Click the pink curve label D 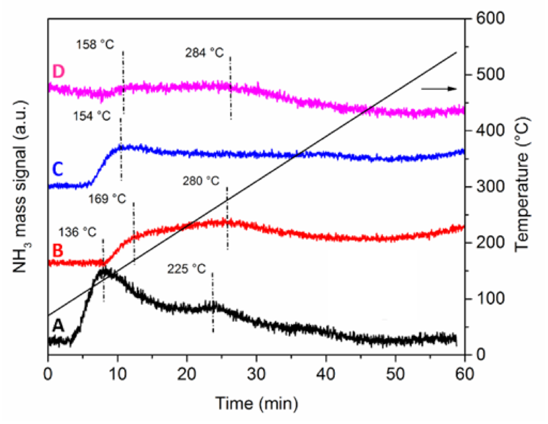(x=58, y=71)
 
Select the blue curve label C (x=57, y=170)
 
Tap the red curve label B (x=57, y=251)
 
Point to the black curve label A (x=58, y=326)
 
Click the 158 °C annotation (x=95, y=45)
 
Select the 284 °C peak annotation (x=204, y=53)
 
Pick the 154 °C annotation (x=92, y=116)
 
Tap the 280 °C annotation (x=201, y=181)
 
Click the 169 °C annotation (x=107, y=199)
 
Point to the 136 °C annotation (x=77, y=232)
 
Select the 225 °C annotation (x=186, y=269)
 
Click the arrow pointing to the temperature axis (x=439, y=89)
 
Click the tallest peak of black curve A (x=104, y=270)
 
